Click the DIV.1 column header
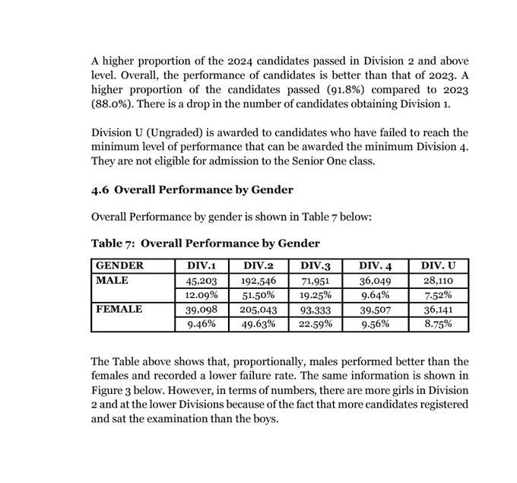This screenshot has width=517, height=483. [202, 265]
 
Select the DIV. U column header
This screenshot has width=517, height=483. [439, 265]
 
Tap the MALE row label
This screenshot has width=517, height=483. [113, 280]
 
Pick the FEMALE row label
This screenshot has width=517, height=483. [119, 309]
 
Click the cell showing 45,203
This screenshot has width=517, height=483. [202, 281]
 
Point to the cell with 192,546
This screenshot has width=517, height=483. [258, 281]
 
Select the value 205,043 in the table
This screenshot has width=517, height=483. [258, 310]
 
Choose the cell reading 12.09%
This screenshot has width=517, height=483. [202, 294]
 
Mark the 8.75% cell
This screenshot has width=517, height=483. [439, 323]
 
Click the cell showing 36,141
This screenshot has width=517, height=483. [439, 310]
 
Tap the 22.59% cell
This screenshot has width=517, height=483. [315, 323]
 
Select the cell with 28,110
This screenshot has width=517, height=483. [439, 281]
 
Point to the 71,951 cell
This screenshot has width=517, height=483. [315, 281]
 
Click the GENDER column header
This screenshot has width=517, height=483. [119, 265]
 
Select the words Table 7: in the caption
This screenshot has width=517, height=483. [113, 243]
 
